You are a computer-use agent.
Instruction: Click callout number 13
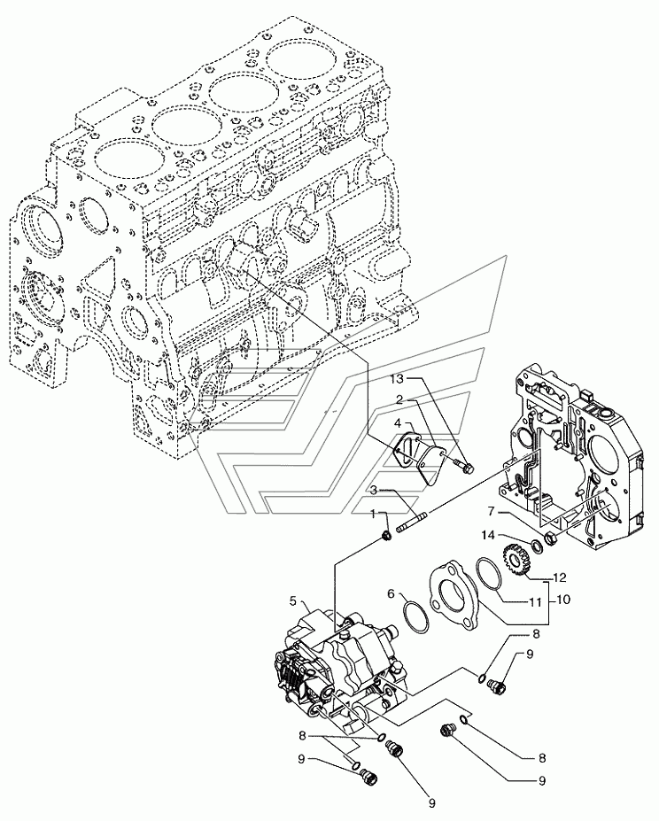click(x=397, y=378)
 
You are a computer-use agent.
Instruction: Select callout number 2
click(x=399, y=400)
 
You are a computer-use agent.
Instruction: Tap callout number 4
click(x=399, y=422)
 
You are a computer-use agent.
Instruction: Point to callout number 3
click(x=374, y=491)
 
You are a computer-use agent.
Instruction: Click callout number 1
click(x=373, y=515)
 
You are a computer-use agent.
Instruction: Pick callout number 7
click(x=492, y=511)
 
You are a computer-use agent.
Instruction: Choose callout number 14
click(x=489, y=535)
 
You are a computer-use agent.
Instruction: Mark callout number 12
click(x=560, y=578)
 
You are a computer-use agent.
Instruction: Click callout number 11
click(x=535, y=603)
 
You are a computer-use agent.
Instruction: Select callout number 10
click(x=563, y=600)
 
